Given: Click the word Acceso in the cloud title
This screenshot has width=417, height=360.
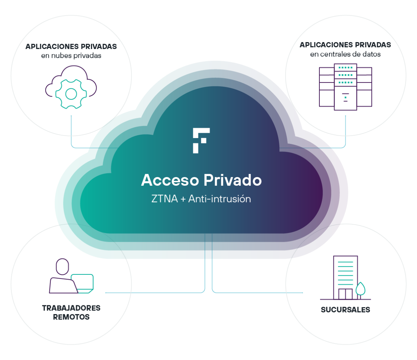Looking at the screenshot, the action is pyautogui.click(x=170, y=180).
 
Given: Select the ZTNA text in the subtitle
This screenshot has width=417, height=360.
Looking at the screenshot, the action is pyautogui.click(x=164, y=199).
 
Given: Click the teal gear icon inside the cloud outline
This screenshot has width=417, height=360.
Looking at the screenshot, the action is pyautogui.click(x=71, y=94).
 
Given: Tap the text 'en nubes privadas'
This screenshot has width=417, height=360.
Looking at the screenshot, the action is pyautogui.click(x=71, y=56).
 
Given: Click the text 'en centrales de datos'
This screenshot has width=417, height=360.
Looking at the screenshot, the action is pyautogui.click(x=345, y=54).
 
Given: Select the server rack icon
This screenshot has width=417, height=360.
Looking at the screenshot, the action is pyautogui.click(x=345, y=87).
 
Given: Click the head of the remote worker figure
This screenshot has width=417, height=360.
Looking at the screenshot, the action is pyautogui.click(x=62, y=266).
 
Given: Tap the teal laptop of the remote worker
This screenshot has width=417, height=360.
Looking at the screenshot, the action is pyautogui.click(x=82, y=283).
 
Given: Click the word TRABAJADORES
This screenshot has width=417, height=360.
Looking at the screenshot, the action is pyautogui.click(x=71, y=308).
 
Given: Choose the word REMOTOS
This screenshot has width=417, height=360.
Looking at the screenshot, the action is pyautogui.click(x=71, y=317).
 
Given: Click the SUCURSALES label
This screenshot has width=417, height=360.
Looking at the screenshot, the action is pyautogui.click(x=345, y=310).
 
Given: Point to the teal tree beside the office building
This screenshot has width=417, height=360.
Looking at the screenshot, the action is pyautogui.click(x=360, y=290).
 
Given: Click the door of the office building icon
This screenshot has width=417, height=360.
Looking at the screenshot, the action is pyautogui.click(x=345, y=294).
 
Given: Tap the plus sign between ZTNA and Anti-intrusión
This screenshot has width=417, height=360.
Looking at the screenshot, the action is pyautogui.click(x=183, y=199).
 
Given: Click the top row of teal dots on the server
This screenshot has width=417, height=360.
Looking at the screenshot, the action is pyautogui.click(x=345, y=67).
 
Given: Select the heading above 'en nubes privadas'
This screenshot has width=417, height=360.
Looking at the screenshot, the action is pyautogui.click(x=71, y=47).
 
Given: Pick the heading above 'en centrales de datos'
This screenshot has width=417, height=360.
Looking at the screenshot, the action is pyautogui.click(x=345, y=45).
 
